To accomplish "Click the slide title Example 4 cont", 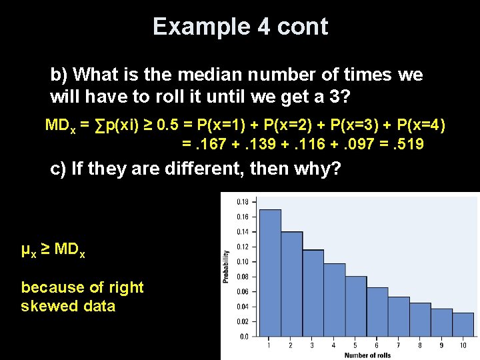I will [x=240, y=27].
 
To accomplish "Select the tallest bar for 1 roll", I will [x=270, y=273].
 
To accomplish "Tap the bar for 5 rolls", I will [x=355, y=307].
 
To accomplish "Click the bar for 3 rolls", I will [x=313, y=293].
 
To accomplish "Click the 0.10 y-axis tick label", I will [x=242, y=261].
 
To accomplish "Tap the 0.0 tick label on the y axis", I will [x=244, y=337].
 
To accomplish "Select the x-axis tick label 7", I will [x=399, y=345].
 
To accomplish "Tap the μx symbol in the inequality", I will [x=28, y=251].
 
